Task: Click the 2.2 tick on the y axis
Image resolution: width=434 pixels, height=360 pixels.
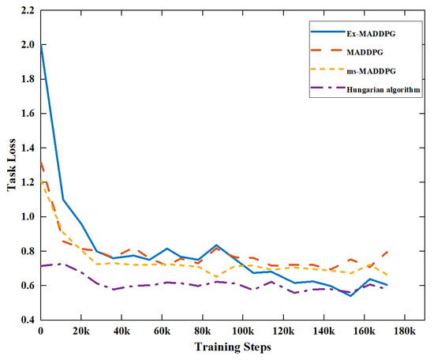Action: (28, 10)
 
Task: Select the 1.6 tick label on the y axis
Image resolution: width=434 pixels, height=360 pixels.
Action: (28, 113)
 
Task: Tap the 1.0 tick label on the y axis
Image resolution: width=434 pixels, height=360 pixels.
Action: (28, 216)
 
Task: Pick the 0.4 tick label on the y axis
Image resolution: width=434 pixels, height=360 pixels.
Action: (28, 319)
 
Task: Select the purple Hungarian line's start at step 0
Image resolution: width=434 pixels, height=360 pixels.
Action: (41, 265)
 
